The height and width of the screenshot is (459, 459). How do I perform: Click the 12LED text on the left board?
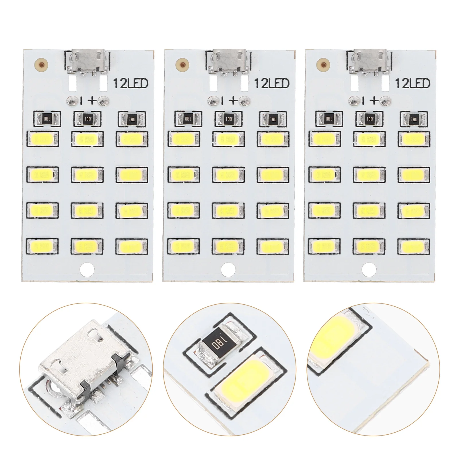(x=131, y=83)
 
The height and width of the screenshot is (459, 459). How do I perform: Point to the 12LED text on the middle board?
(x=272, y=83)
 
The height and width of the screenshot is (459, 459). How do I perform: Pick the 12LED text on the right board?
(x=413, y=83)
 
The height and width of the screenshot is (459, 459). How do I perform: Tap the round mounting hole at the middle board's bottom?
(x=228, y=269)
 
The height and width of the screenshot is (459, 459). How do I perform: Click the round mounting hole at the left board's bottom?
(x=87, y=269)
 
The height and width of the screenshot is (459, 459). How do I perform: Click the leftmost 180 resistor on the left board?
(x=47, y=118)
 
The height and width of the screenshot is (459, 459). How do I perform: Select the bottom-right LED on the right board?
(x=414, y=245)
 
